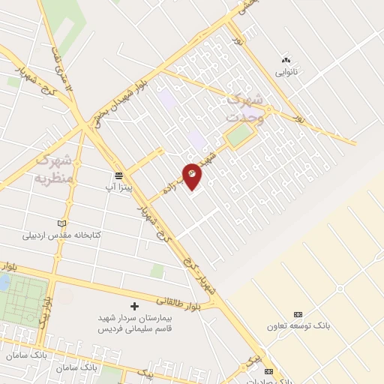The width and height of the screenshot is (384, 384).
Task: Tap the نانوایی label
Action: pos(285,73)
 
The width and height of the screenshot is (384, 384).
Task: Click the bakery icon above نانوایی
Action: pos(285,60)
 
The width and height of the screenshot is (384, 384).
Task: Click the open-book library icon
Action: pos(61,223)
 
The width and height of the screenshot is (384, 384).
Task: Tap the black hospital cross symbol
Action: pos(135,306)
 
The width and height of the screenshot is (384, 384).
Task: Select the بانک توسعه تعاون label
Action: pos(298,326)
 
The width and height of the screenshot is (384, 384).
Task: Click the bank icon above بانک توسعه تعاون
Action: pos(298,314)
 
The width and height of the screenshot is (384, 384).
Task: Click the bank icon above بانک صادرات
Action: pos(269,371)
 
